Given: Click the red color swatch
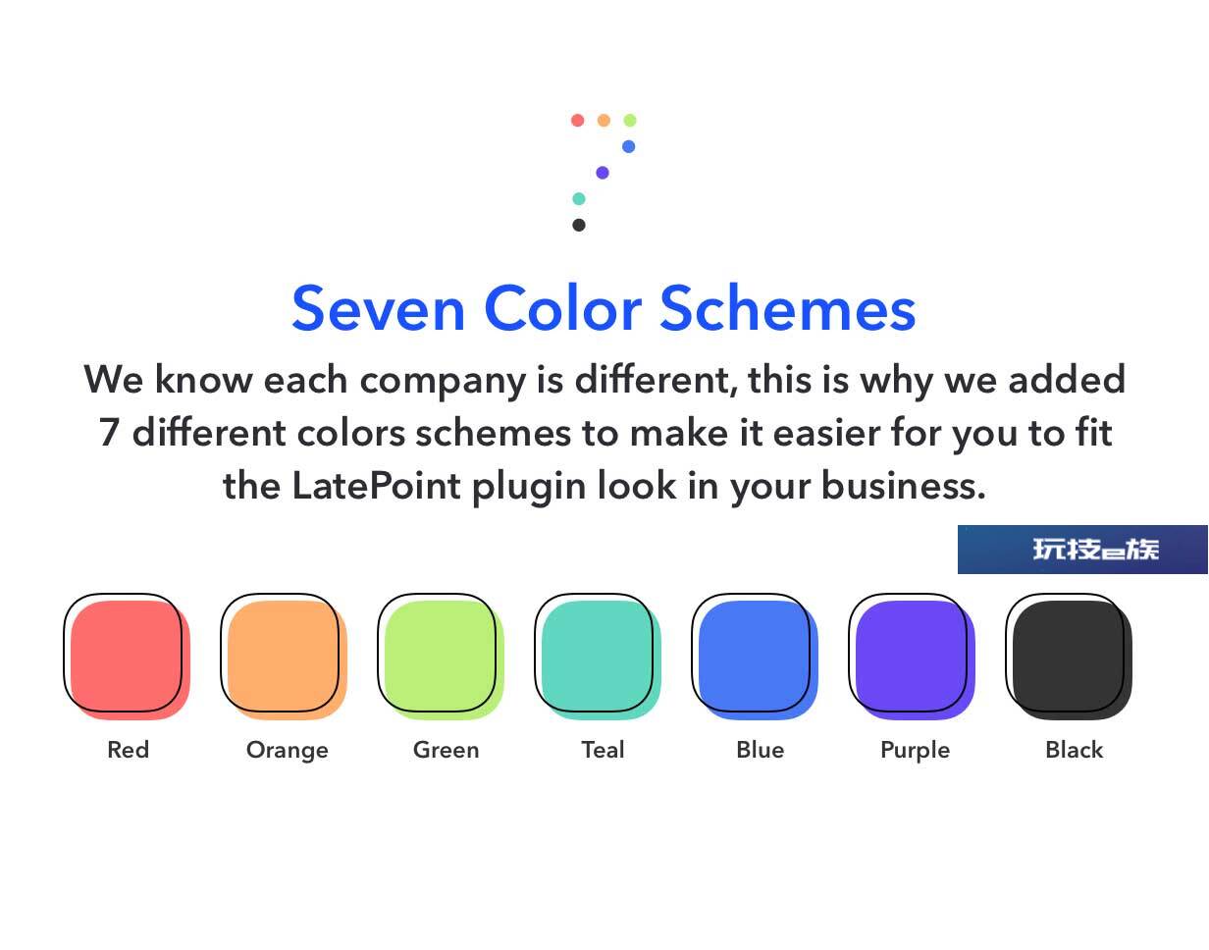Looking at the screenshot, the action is click(127, 658).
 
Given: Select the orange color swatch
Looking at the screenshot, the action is click(284, 658).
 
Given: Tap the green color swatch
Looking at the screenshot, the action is click(441, 658).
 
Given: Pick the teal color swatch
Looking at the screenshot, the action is click(598, 658).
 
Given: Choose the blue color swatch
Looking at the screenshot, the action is click(755, 658).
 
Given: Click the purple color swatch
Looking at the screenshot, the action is click(912, 658).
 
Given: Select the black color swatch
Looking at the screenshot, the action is click(1069, 658).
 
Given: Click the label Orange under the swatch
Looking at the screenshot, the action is click(288, 751).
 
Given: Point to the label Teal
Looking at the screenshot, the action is click(603, 750).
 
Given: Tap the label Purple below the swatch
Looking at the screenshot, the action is click(916, 751).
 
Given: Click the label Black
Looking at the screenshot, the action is click(1074, 750).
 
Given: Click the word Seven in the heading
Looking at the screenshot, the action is click(379, 309).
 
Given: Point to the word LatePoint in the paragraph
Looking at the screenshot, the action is click(376, 486).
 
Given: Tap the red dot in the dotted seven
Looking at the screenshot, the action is click(578, 120).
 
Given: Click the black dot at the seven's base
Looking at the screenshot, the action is click(579, 225).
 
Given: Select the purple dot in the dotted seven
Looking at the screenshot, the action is click(603, 173).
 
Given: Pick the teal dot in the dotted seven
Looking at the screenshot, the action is click(579, 198).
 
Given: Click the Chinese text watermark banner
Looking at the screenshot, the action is click(1082, 550).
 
